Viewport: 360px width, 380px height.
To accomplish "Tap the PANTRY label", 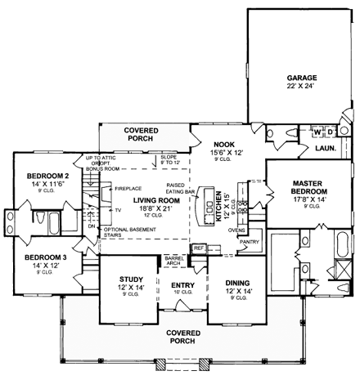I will point(250,242).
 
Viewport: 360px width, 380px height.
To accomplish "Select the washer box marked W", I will point(315,132).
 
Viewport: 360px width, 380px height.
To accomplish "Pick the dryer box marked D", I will point(329,132).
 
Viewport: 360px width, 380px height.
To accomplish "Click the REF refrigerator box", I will point(198,248).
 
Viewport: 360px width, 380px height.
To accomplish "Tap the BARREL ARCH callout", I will point(173,260).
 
